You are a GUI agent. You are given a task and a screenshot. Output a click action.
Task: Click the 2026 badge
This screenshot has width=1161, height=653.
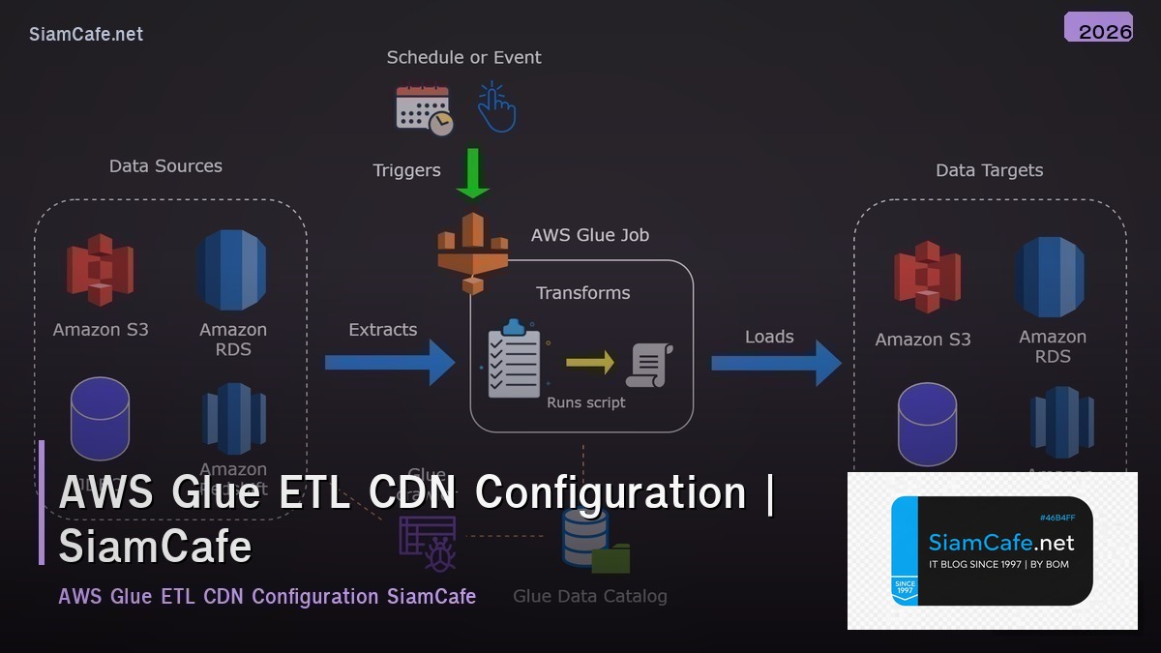[1098, 28]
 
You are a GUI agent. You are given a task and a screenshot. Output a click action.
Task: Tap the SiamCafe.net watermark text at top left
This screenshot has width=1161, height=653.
[86, 34]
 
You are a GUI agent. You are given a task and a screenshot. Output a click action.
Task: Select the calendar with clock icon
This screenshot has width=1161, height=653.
[424, 109]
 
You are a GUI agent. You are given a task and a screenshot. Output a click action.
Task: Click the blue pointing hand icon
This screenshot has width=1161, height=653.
[496, 107]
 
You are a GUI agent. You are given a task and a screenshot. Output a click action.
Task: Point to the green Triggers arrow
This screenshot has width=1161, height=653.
[473, 172]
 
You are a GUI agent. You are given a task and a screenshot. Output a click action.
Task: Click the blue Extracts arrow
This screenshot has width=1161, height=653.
[389, 363]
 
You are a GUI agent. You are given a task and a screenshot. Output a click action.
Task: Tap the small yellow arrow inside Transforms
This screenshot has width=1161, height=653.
[589, 363]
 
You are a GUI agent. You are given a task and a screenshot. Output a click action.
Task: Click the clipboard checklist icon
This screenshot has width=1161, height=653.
[514, 359]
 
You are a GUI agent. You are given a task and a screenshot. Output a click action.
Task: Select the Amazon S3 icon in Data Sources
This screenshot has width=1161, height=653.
[100, 270]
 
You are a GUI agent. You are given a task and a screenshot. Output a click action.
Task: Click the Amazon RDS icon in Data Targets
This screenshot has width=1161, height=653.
[1051, 277]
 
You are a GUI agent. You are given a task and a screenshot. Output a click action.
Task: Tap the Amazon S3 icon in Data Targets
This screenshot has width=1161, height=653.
[927, 278]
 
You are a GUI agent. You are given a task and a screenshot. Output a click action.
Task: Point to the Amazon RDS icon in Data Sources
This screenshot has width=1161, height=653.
[231, 270]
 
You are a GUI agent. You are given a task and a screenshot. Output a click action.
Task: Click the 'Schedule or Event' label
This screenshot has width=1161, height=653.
[463, 58]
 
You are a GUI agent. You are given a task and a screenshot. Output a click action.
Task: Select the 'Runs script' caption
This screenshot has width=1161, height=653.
[586, 402]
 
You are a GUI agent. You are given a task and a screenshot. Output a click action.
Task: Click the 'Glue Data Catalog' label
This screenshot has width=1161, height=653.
[589, 596]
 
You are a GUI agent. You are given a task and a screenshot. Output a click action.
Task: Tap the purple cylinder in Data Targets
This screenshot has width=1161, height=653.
[927, 425]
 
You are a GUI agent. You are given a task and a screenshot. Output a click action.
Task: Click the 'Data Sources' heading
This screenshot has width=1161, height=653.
[165, 166]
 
